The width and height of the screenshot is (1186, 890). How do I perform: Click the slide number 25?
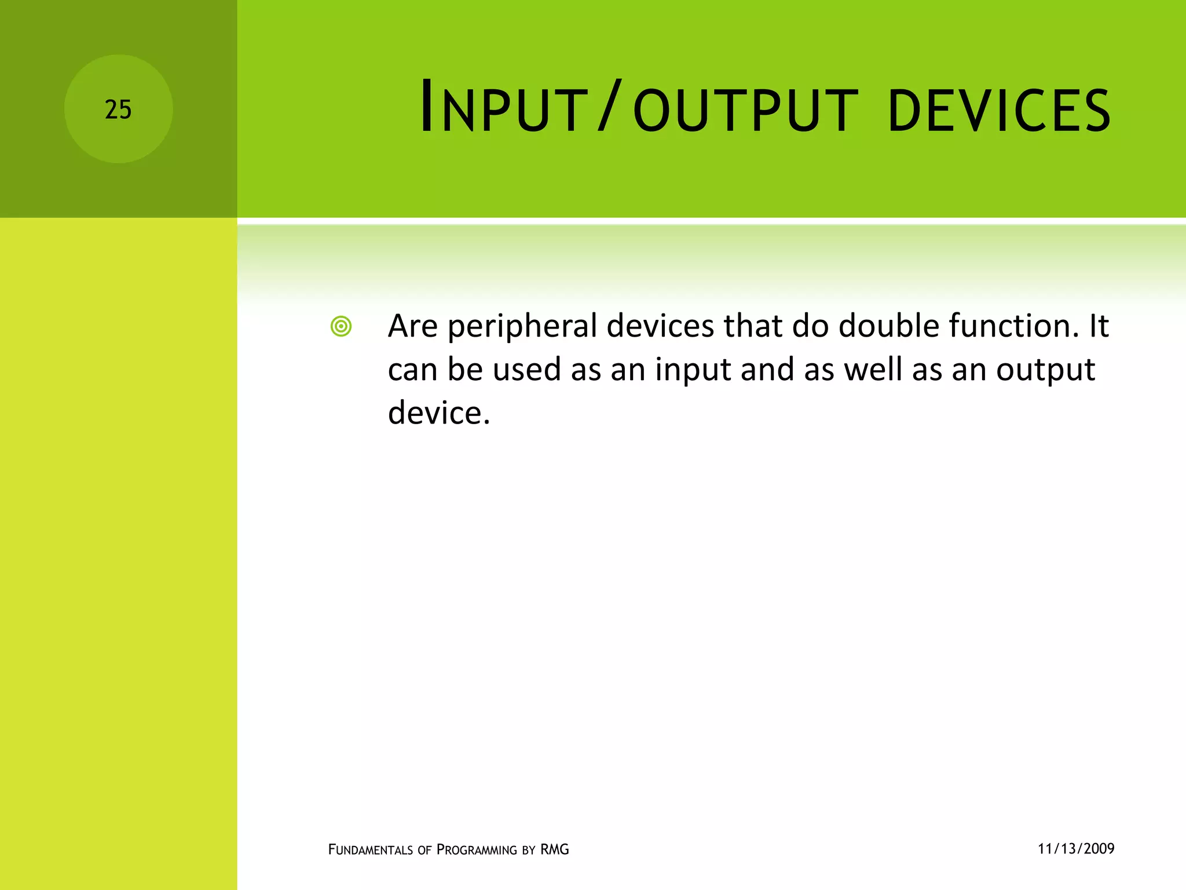tap(118, 110)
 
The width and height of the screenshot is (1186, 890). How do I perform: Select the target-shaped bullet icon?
tap(341, 327)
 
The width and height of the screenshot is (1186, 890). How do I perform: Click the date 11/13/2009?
tap(1075, 849)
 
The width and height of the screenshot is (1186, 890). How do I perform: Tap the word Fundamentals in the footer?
tap(370, 850)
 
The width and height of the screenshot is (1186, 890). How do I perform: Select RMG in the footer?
tap(554, 849)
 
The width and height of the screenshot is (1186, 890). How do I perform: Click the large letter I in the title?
tap(427, 106)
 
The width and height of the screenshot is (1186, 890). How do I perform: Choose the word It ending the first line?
tap(1098, 326)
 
